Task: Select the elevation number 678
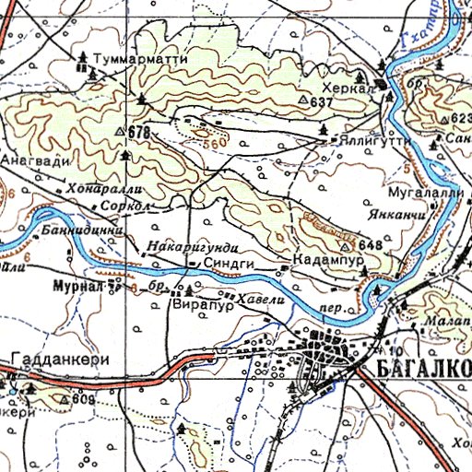(139, 133)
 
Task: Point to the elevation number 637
(321, 100)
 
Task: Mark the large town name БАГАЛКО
(424, 370)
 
